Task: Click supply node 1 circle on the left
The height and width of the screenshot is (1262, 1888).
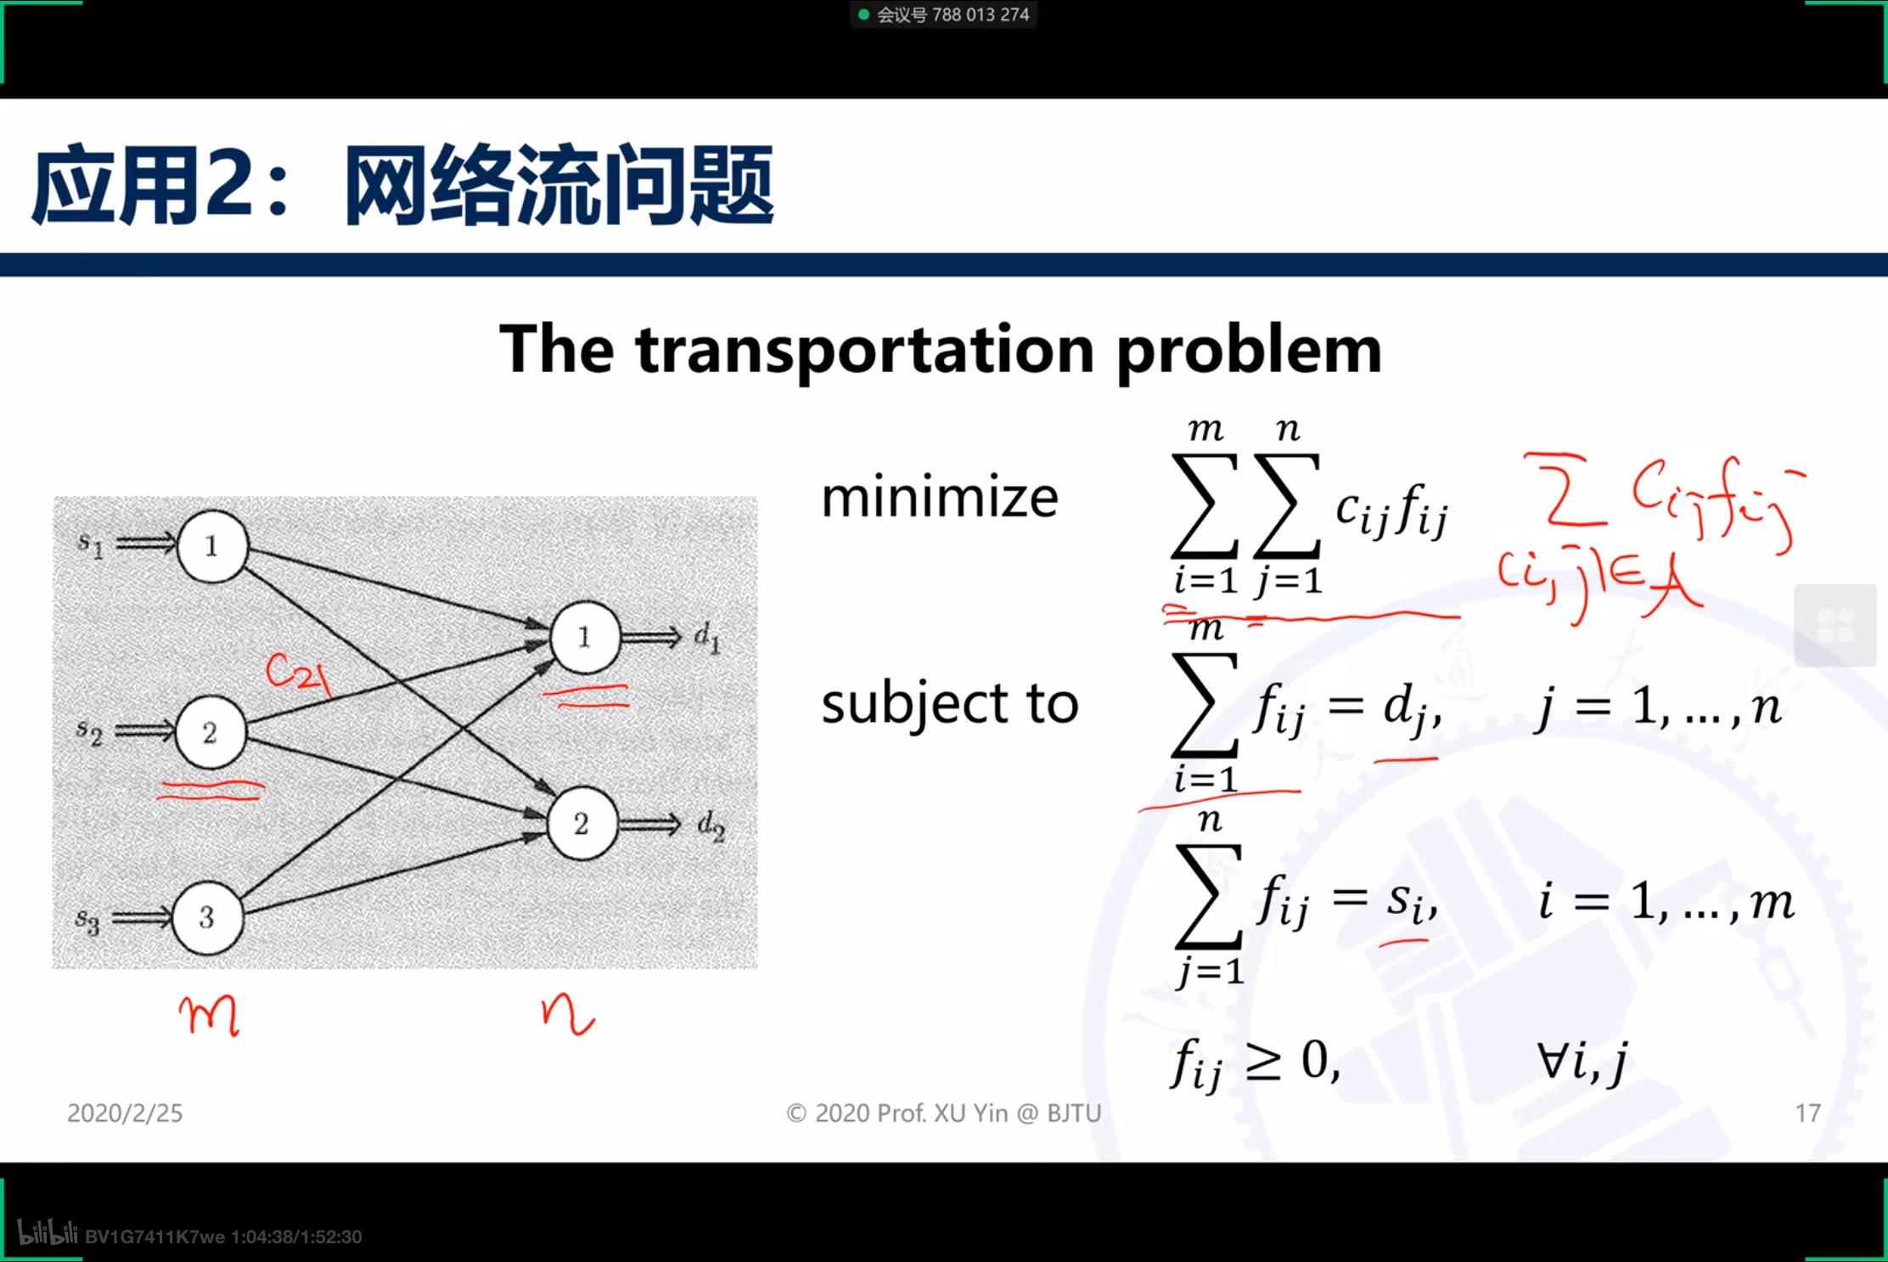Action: click(x=212, y=546)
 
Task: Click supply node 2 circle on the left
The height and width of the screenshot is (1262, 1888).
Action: click(x=211, y=732)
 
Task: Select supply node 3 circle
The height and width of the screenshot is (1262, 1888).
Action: click(x=207, y=917)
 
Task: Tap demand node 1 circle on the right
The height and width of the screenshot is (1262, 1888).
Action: click(x=585, y=637)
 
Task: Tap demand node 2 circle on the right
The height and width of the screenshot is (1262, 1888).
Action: click(x=582, y=823)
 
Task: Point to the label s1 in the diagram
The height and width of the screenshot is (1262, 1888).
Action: click(x=90, y=544)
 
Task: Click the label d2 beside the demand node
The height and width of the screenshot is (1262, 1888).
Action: click(x=711, y=825)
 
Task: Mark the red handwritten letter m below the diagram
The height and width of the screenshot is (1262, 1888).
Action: click(x=209, y=1015)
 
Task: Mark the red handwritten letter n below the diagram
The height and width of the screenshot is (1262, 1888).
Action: click(x=567, y=1015)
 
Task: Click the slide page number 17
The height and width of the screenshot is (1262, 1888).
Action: click(x=1807, y=1113)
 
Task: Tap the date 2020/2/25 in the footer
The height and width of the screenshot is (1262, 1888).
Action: click(x=125, y=1113)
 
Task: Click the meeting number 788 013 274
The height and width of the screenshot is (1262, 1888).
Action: click(x=980, y=14)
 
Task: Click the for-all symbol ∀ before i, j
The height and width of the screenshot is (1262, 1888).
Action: click(x=1553, y=1060)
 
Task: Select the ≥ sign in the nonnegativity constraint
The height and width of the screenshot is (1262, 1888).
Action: click(x=1262, y=1062)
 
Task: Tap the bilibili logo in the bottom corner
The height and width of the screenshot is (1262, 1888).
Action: click(x=48, y=1233)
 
